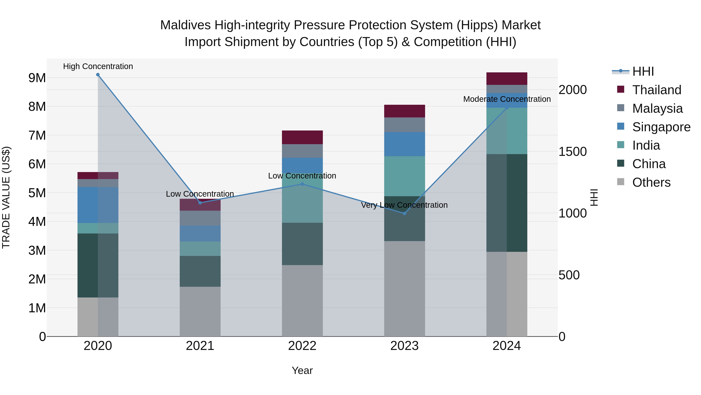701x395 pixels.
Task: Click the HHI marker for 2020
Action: point(98,75)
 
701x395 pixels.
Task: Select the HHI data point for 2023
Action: point(404,213)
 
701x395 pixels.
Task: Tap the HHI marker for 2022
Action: point(302,184)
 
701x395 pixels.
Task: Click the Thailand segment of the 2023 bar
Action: point(404,111)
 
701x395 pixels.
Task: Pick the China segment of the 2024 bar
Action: point(507,203)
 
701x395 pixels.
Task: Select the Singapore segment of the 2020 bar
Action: point(98,205)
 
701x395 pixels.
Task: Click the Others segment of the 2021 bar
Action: point(200,311)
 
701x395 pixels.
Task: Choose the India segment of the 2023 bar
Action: point(404,176)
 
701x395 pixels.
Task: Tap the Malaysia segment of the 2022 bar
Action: point(302,151)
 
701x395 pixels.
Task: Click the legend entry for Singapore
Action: point(661,127)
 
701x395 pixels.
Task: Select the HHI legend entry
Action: point(643,71)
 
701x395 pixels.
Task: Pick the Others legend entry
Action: point(651,182)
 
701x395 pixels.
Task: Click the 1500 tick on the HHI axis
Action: point(572,152)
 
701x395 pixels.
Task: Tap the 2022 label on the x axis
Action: point(302,346)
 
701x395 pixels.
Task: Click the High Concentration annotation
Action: point(98,66)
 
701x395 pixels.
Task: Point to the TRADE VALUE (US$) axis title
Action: point(6,197)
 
